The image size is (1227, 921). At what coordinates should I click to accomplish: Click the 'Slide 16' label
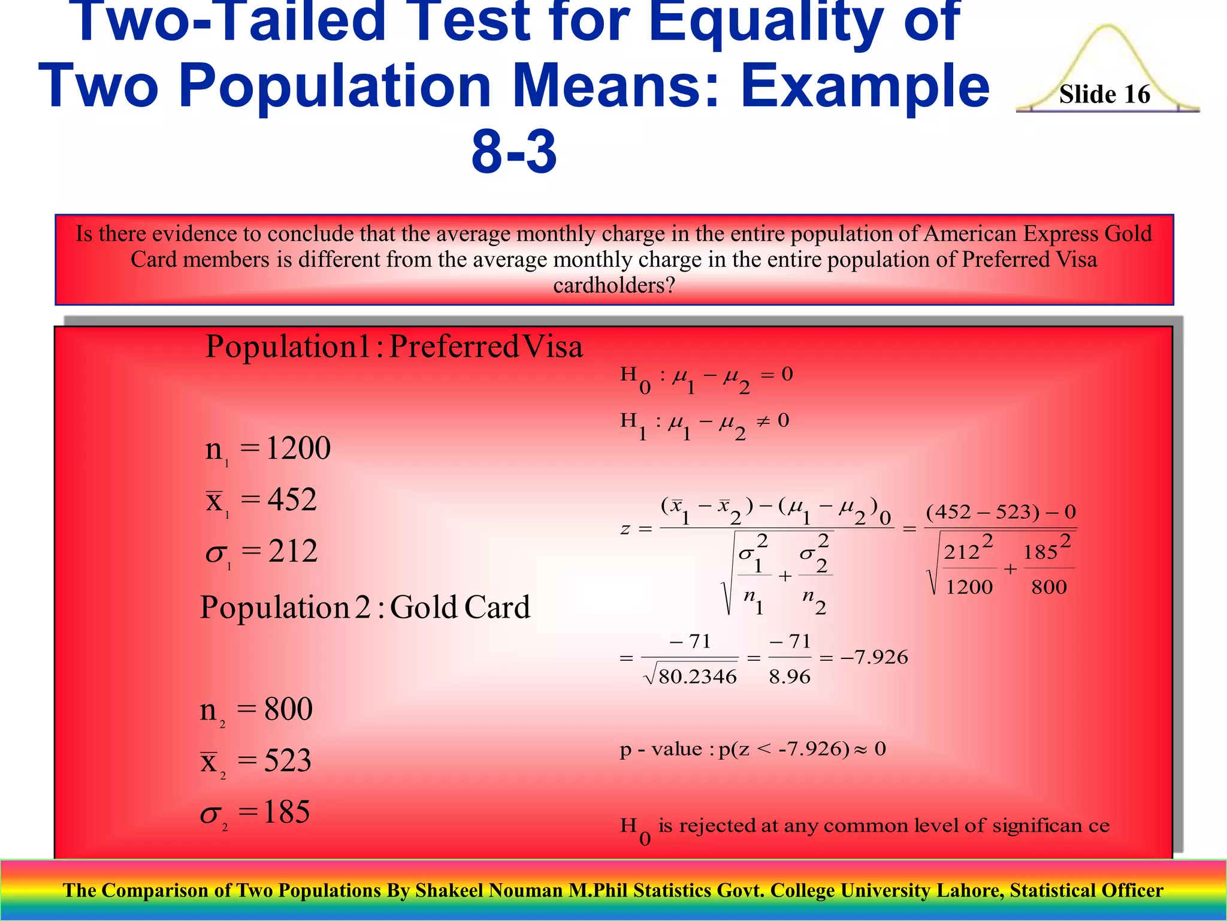coord(1104,94)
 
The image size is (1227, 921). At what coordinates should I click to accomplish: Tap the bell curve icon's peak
coord(1108,28)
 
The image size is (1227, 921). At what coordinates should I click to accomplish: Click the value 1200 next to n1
coord(298,448)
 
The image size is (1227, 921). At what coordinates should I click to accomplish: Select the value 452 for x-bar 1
coord(292,499)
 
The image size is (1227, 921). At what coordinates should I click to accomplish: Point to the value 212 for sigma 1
coord(292,551)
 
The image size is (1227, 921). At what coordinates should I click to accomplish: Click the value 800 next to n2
coord(288,709)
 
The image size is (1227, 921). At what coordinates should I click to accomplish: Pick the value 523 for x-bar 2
coord(288,761)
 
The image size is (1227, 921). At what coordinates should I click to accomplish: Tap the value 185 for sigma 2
coord(286,812)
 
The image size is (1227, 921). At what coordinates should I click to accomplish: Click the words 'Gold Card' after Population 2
coord(460,607)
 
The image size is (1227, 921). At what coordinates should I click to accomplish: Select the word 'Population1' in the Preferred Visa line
coord(288,347)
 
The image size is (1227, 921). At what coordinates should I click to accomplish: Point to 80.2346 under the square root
coord(697,677)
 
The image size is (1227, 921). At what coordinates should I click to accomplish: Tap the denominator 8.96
coord(790,677)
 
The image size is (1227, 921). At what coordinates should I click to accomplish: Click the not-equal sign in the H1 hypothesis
coord(762,421)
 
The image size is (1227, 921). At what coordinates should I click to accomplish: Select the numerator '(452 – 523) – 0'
coord(1001,512)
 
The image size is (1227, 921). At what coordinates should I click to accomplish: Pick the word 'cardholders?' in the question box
coord(614,285)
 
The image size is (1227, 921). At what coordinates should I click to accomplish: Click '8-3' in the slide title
coord(514,151)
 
